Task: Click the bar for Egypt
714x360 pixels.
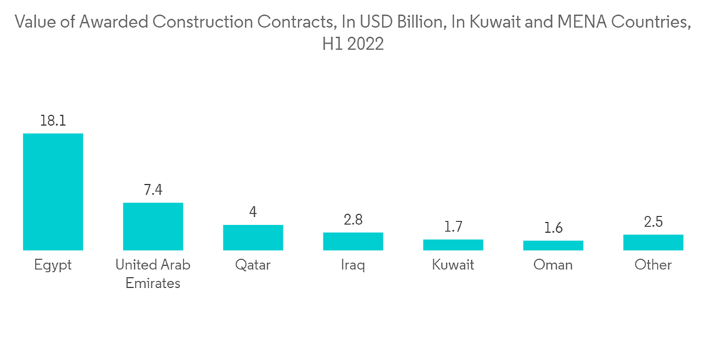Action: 53,191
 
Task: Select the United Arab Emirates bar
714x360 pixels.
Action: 153,226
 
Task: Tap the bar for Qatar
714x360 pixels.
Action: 253,237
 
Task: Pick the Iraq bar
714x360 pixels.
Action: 353,241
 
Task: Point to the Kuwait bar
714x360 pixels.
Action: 453,244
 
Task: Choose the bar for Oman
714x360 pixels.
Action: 553,245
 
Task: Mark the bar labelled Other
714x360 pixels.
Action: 653,242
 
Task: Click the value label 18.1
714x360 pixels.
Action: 53,121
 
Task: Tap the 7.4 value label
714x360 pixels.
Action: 153,190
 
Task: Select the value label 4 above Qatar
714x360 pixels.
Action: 253,212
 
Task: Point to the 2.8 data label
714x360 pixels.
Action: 353,220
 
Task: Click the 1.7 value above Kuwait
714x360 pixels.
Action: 453,227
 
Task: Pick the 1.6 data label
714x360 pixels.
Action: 553,228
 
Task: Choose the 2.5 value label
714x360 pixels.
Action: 653,222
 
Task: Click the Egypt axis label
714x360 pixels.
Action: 53,265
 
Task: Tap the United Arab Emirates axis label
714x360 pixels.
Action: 153,274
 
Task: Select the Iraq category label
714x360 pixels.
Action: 353,265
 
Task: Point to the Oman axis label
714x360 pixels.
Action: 553,265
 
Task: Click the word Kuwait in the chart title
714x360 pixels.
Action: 493,22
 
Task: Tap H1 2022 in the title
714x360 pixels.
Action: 353,44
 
